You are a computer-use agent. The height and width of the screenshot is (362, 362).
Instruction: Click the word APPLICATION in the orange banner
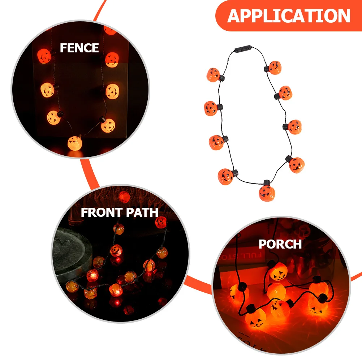289,16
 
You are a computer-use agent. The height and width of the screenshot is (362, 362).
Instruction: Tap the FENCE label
79,48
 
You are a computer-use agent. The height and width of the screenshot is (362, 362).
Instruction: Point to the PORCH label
280,244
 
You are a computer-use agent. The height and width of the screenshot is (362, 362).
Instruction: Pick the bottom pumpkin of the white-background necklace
267,193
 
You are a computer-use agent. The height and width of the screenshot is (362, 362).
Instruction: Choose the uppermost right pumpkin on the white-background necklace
274,68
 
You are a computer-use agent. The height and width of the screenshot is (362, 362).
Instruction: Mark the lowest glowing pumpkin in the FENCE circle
75,143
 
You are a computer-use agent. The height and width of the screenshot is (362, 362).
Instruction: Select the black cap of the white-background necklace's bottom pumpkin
267,182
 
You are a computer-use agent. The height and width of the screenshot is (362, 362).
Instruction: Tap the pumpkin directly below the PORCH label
278,271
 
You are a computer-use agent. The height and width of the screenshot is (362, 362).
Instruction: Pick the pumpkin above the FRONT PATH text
124,197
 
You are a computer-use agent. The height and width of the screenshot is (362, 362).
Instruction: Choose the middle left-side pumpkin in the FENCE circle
48,89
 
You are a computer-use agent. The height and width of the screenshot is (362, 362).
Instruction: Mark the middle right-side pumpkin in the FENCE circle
112,91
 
